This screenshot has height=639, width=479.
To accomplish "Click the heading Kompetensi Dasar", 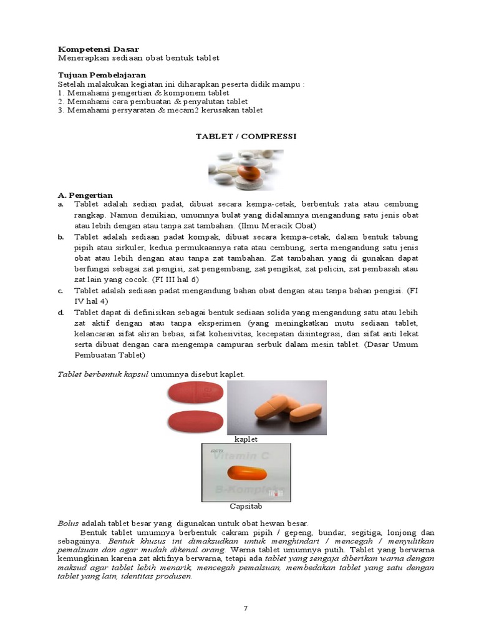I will pos(98,49).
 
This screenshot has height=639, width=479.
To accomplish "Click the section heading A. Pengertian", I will pos(85,195).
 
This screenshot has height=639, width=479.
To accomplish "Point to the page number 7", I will pos(246,608).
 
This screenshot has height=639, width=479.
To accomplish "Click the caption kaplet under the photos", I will pos(246,439).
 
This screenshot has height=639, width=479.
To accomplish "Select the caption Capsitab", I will pos(246,506).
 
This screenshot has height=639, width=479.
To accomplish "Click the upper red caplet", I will pos(196,394).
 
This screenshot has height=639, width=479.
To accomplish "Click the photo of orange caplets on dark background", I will pos(277,407).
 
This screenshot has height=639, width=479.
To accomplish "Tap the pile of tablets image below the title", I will pos(245,170).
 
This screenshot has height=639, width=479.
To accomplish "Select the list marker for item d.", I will pos(61,313).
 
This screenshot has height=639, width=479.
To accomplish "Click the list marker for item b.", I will pos(61,237).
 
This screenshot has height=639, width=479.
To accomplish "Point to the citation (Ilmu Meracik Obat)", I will pos(282,225).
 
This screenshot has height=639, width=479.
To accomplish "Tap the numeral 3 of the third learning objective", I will pos(60,110).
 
